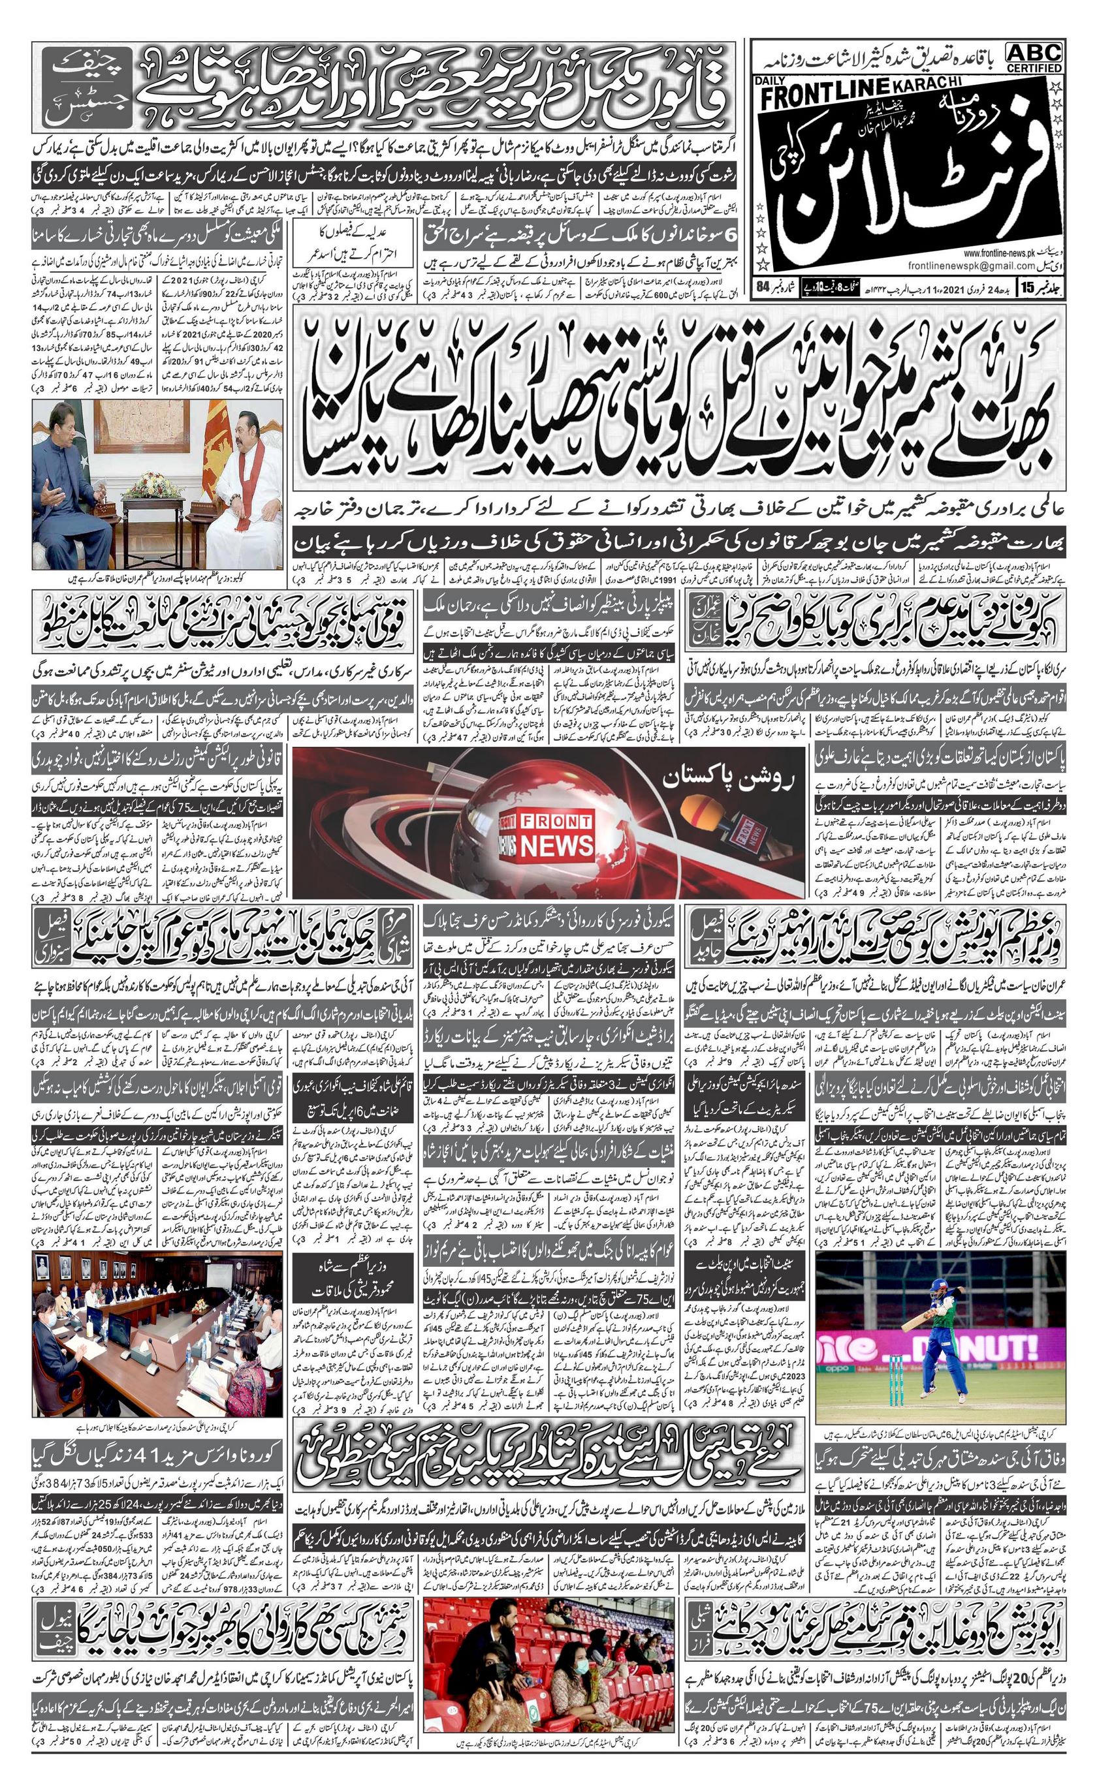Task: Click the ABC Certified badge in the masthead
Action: pyautogui.click(x=1034, y=57)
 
